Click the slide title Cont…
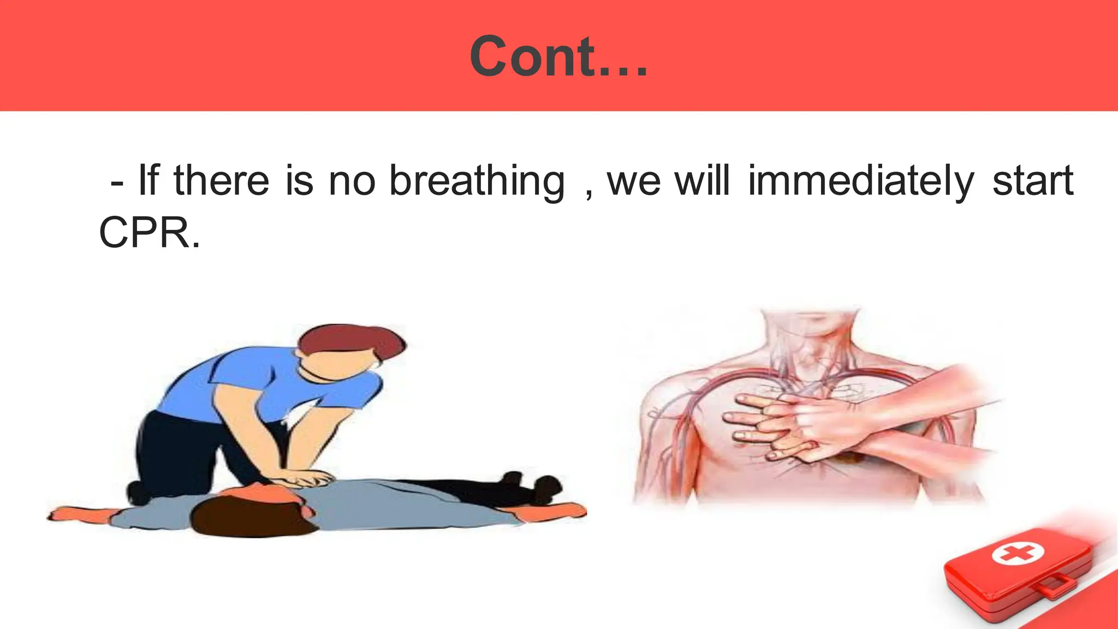[558, 56]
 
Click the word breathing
[477, 181]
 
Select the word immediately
[860, 181]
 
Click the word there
[221, 181]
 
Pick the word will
[702, 181]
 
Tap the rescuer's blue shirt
[262, 382]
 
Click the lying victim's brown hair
[246, 516]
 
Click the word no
[352, 181]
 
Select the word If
[148, 181]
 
